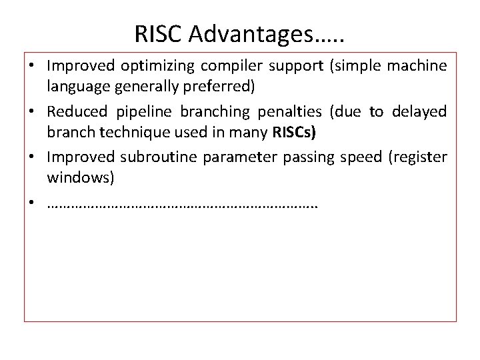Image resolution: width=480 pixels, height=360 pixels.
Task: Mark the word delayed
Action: tap(418, 112)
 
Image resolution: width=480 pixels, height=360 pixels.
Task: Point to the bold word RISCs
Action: tap(294, 132)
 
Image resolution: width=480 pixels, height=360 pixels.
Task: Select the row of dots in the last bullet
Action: tap(183, 204)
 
